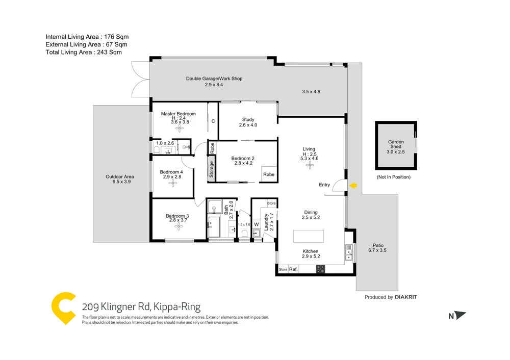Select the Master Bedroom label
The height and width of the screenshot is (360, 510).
point(178,114)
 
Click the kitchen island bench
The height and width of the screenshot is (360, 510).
point(308,237)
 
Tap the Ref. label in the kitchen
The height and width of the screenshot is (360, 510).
point(293,269)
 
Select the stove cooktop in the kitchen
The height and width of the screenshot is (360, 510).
point(320,269)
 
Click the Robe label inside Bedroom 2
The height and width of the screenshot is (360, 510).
point(269,174)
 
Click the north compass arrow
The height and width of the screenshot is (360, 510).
point(460,316)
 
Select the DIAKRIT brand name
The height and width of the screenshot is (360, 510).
point(409,297)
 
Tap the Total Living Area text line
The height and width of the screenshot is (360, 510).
point(84,52)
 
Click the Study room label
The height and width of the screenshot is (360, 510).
point(248,120)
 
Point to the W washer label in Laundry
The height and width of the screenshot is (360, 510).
point(257,224)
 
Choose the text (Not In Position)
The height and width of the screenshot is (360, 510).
point(393,177)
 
